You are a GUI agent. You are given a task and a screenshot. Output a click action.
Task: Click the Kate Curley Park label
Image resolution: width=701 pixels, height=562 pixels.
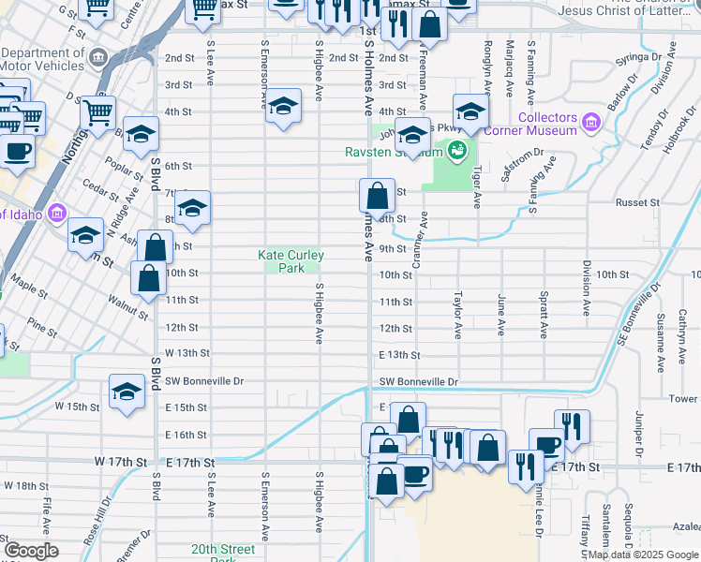[x=291, y=261]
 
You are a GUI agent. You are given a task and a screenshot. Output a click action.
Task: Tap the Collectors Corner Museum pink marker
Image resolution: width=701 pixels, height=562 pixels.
[x=590, y=123]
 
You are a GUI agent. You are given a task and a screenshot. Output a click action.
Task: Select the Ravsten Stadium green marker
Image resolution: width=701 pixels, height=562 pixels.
[x=456, y=149]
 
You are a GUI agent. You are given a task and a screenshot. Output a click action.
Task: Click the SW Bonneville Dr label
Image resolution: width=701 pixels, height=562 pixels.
[x=418, y=382]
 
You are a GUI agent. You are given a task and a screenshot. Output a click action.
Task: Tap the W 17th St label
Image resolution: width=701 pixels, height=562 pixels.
[x=121, y=463]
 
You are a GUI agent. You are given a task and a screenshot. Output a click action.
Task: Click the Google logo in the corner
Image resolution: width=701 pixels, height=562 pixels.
[x=31, y=550]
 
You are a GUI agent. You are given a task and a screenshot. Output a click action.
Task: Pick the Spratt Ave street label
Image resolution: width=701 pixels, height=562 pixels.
[x=544, y=314]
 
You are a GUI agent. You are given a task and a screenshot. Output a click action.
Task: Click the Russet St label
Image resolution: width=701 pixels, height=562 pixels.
[x=659, y=202]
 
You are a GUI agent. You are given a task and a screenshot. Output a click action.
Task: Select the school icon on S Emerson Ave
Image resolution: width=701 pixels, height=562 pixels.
[x=282, y=108]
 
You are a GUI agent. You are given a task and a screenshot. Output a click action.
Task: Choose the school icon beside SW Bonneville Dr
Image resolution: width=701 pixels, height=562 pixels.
[x=127, y=393]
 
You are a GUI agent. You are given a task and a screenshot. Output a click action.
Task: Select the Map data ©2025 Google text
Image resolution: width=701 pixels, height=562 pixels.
[x=642, y=555]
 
